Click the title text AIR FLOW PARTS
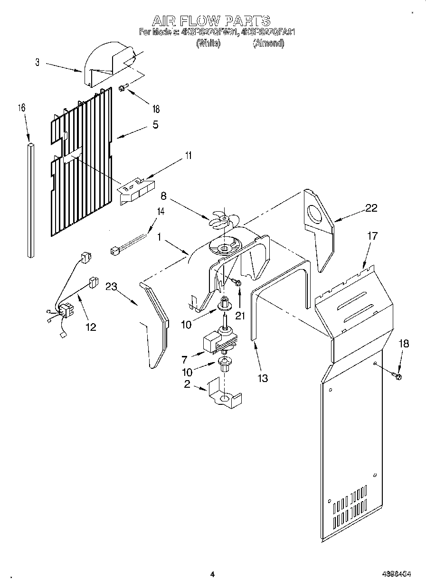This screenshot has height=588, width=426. (x=211, y=20)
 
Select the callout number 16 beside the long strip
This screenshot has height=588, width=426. (x=21, y=108)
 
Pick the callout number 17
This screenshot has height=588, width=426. (x=373, y=235)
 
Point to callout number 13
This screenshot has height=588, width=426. (x=262, y=378)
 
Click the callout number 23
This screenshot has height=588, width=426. (x=112, y=286)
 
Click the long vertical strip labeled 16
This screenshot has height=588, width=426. (x=31, y=199)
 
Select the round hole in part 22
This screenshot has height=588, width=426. (x=314, y=215)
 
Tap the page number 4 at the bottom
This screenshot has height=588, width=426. (x=212, y=574)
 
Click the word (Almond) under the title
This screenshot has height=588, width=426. (x=268, y=43)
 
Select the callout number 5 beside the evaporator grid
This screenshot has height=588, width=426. (x=155, y=125)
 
